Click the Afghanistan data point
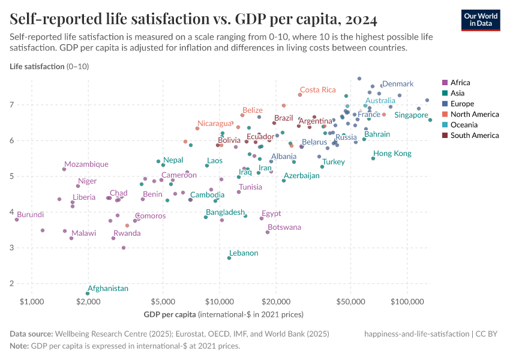point(88,293)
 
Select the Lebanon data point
point(229,258)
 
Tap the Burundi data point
point(17,220)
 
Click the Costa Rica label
point(317,89)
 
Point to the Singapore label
point(411,115)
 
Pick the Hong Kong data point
point(373,158)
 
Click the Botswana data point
point(268,232)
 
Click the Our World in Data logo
point(481,19)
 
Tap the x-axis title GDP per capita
point(170,314)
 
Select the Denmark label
point(398,84)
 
